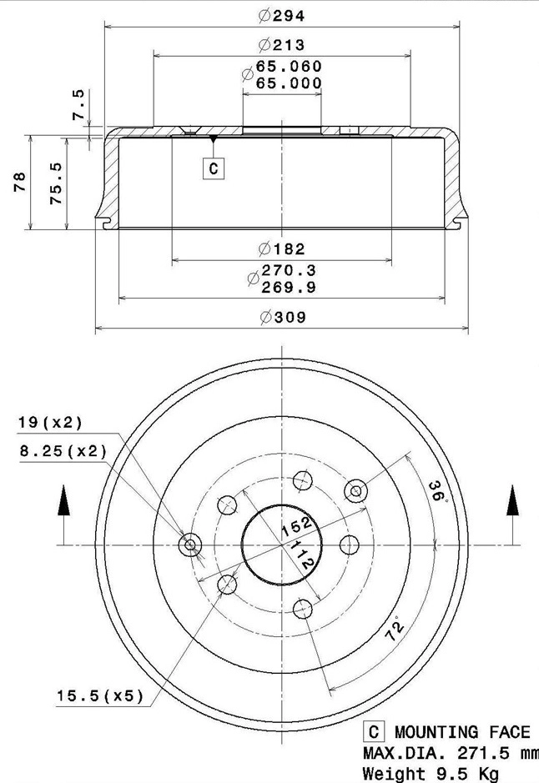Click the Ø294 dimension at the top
tap(282, 15)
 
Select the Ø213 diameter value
tap(282, 45)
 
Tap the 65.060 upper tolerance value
tap(289, 67)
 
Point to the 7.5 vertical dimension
tap(78, 104)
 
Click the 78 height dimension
tap(20, 182)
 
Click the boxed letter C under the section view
tap(214, 169)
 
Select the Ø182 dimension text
tap(282, 248)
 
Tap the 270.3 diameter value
tap(289, 271)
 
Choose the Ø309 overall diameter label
tap(282, 317)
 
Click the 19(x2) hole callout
tap(51, 423)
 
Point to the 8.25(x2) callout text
tap(63, 451)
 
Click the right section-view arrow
tap(511, 503)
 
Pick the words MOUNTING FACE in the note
tap(461, 732)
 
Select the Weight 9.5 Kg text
tap(431, 774)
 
